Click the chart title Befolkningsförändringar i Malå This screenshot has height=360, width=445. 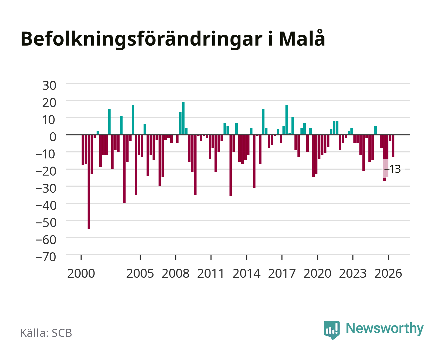click(173, 39)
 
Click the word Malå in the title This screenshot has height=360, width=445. click(302, 38)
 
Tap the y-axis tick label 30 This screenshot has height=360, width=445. click(49, 86)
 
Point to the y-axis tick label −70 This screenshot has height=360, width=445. click(46, 257)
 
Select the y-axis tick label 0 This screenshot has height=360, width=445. click(53, 137)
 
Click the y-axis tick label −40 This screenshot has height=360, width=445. click(46, 206)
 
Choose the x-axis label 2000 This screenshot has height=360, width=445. click(81, 273)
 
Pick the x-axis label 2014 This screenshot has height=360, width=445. click(246, 273)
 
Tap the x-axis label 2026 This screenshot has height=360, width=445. click(388, 273)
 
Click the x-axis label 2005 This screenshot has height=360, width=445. click(140, 273)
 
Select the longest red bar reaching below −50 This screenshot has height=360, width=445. click(89, 182)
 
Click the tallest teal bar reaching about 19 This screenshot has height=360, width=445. click(183, 118)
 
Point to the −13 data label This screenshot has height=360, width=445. click(393, 169)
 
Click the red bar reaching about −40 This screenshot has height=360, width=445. click(124, 169)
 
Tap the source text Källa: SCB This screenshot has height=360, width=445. click(46, 333)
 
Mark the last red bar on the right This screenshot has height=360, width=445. click(393, 146)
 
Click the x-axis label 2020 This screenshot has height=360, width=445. click(317, 273)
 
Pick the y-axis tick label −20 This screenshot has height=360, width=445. click(46, 171)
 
